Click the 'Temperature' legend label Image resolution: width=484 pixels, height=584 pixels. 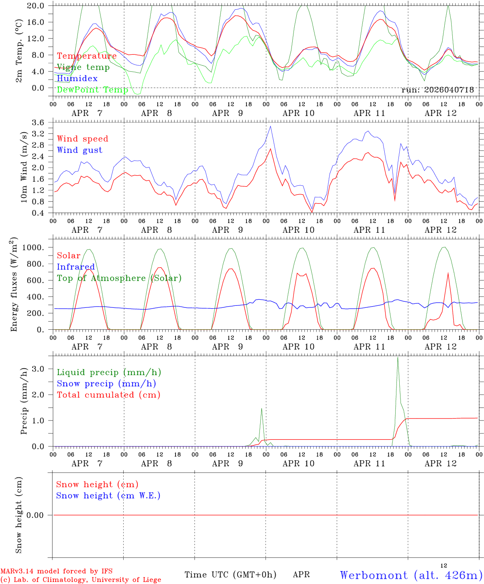(87, 56)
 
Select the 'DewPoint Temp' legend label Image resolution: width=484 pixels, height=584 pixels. (92, 90)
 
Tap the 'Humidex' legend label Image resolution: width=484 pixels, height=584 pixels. (77, 78)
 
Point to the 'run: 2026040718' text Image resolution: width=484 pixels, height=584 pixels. (437, 90)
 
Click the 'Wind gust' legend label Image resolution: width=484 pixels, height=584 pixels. (80, 150)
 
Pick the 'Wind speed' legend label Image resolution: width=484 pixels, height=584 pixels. (82, 139)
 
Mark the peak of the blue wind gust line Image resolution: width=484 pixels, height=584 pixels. (270, 127)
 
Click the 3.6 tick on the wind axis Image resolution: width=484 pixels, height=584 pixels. (38, 122)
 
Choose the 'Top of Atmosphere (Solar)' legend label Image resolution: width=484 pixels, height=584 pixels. (119, 278)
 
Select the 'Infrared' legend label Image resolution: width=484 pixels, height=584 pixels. (76, 267)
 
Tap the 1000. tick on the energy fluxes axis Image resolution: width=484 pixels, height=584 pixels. (33, 247)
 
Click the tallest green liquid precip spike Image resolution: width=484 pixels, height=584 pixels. (398, 357)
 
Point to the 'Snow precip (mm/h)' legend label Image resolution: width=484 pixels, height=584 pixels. (106, 384)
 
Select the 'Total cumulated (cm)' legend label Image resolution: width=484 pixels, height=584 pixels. (109, 395)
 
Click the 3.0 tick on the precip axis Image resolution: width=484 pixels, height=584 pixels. (38, 369)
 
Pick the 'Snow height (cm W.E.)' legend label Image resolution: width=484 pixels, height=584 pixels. (108, 496)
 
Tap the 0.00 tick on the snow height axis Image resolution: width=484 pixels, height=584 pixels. (35, 515)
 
